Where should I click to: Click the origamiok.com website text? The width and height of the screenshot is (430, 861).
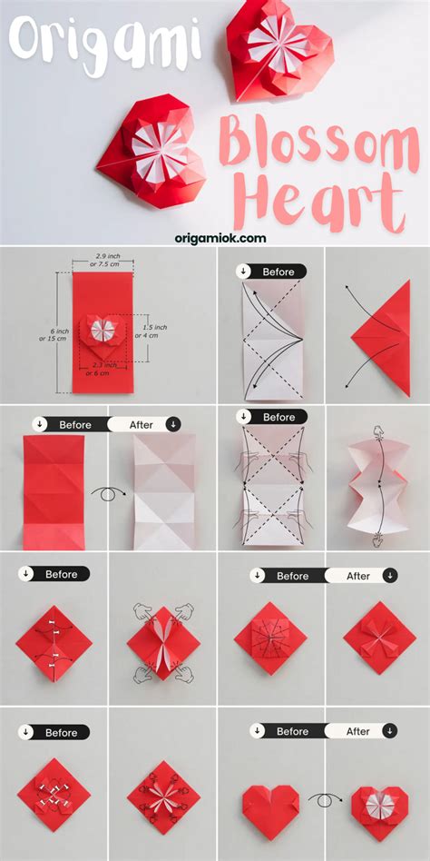point(220,238)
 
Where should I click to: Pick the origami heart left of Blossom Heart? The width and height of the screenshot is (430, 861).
point(151,150)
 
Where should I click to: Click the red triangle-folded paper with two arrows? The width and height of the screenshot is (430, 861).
point(381,337)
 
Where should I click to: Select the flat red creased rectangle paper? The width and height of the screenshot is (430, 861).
point(54,492)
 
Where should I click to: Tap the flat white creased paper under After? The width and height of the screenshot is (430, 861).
point(164,492)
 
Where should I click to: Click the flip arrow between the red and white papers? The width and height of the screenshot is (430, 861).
point(110,493)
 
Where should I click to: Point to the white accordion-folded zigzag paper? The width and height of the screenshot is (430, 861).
point(377,484)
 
